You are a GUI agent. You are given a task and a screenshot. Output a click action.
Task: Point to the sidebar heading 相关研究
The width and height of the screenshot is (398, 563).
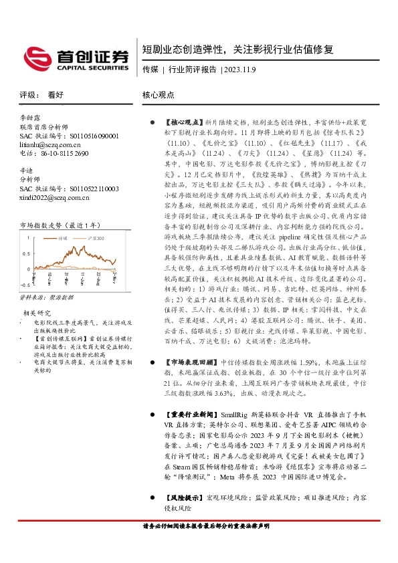37,312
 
